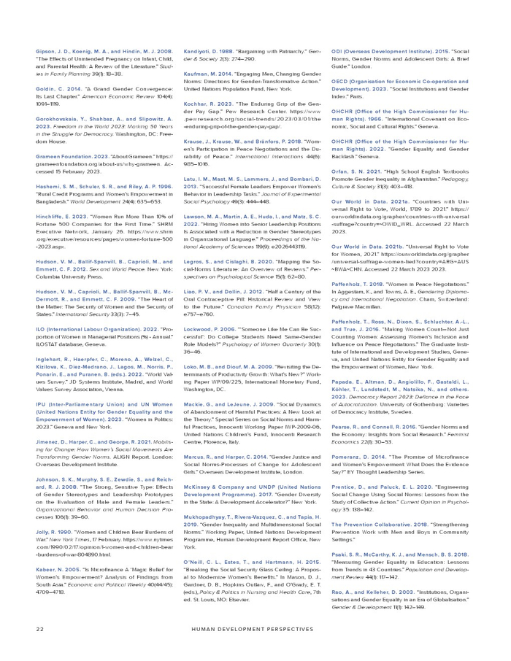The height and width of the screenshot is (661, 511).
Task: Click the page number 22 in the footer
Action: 39,627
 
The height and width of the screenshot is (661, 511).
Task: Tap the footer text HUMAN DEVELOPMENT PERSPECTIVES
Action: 255,627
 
